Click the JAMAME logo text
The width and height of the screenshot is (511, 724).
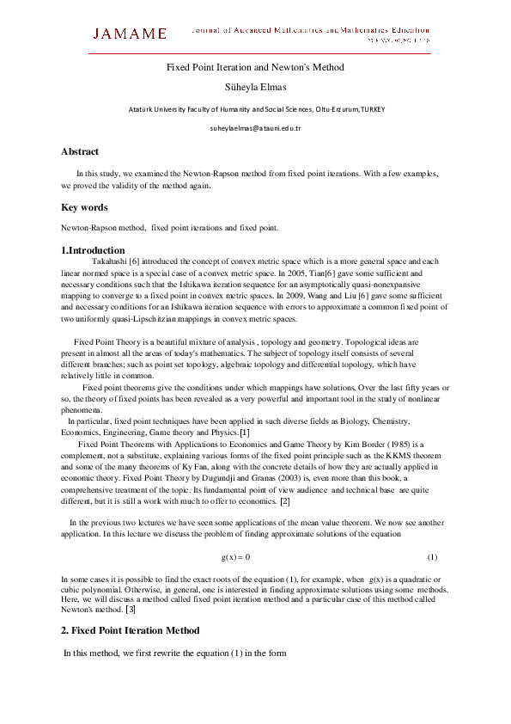130,34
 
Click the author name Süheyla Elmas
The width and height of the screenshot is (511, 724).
255,87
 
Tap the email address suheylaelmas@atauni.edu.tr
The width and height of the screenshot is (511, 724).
255,128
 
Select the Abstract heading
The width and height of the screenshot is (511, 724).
80,151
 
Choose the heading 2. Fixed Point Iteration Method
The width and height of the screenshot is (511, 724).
130,630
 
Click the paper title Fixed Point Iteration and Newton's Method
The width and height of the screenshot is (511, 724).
255,67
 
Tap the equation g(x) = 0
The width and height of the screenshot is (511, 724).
235,557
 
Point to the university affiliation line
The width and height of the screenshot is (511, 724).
255,109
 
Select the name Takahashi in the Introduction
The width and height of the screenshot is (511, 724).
109,261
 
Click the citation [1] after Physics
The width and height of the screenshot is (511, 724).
245,432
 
